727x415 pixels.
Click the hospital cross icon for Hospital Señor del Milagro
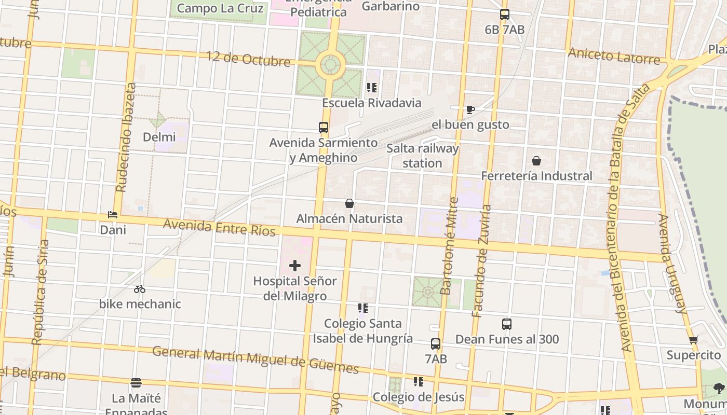295,266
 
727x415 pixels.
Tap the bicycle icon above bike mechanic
139,289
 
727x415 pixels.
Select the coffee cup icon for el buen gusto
470,109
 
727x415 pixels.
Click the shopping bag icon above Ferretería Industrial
536,161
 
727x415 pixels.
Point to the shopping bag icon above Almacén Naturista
349,203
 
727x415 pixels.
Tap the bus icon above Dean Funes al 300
507,324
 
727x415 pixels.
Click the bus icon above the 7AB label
436,343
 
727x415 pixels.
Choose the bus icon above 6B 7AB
504,15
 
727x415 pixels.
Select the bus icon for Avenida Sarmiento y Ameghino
324,127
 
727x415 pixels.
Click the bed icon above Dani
113,214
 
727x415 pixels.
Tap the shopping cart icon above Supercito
693,340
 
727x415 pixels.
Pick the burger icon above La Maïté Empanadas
136,383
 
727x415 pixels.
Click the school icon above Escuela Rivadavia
371,88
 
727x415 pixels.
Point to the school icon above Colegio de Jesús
419,382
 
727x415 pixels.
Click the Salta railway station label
422,156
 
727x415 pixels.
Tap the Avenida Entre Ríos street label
219,227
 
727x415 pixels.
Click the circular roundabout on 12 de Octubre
330,65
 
